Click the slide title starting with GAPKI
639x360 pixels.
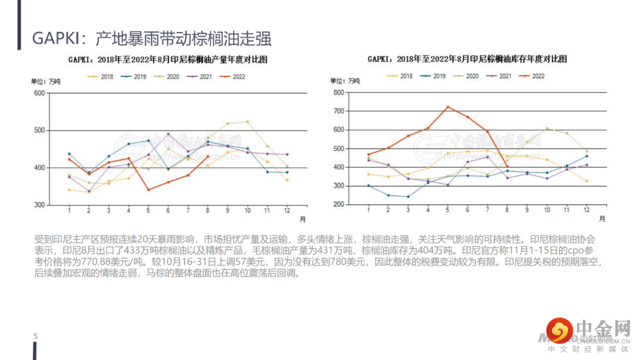pyautogui.click(x=151, y=38)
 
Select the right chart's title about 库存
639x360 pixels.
pyautogui.click(x=467, y=59)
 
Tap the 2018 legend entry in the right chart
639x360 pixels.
pyautogui.click(x=400, y=76)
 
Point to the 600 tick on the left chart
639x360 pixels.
pyautogui.click(x=40, y=93)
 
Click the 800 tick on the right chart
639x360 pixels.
pyautogui.click(x=338, y=92)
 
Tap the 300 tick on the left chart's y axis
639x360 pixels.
pyautogui.click(x=40, y=205)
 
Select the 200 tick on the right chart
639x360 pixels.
pyautogui.click(x=338, y=204)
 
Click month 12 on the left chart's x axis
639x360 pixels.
pyautogui.click(x=287, y=211)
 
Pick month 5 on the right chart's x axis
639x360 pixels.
pyautogui.click(x=448, y=210)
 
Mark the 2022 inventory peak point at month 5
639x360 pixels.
pyautogui.click(x=448, y=107)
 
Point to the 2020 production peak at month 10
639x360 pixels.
pyautogui.click(x=247, y=122)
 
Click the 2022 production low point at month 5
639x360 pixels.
pyautogui.click(x=148, y=189)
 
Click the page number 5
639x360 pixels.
pyautogui.click(x=35, y=336)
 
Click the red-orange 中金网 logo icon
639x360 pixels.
pyautogui.click(x=559, y=330)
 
